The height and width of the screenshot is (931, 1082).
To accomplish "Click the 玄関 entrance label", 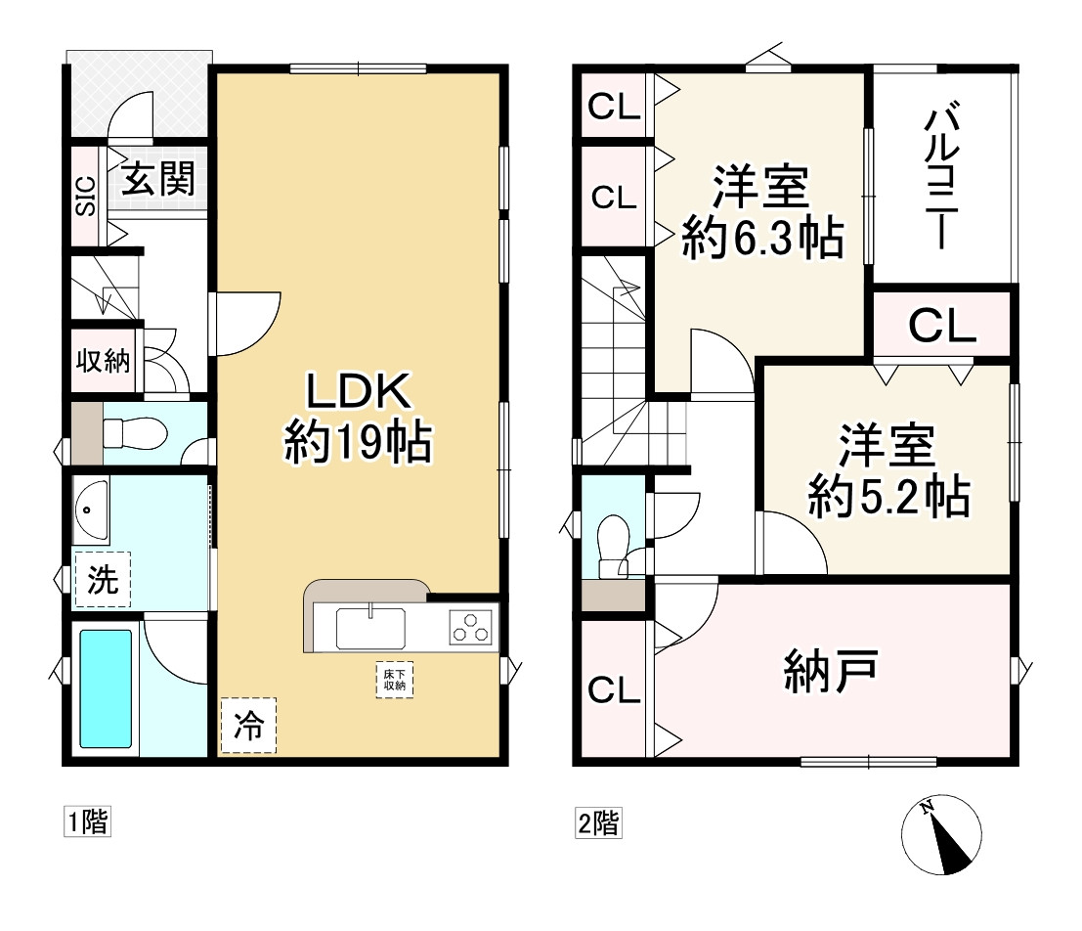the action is click(x=158, y=178).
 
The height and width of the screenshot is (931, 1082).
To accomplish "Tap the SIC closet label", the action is click(x=85, y=196).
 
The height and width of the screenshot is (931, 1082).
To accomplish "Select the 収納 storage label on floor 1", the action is click(x=103, y=360).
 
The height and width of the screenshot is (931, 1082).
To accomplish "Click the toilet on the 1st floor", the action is click(x=135, y=434).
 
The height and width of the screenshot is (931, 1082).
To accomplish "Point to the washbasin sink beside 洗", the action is click(x=91, y=510).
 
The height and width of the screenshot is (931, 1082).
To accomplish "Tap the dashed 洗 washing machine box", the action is click(x=102, y=580).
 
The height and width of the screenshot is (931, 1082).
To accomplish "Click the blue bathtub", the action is click(x=106, y=688).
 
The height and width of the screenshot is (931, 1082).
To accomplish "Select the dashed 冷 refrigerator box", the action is click(x=248, y=726).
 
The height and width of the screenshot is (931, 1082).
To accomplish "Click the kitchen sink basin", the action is click(x=370, y=629).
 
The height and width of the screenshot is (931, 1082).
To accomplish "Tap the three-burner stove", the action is click(x=471, y=627).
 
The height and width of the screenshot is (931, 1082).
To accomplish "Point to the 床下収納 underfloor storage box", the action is click(x=395, y=680).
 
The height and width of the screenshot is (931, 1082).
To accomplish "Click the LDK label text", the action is click(x=359, y=390).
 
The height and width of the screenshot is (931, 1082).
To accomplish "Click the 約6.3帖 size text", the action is click(x=762, y=237).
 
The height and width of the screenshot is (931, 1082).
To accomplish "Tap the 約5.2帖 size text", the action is click(x=888, y=495).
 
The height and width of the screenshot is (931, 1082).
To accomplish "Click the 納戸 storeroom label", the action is click(x=831, y=671).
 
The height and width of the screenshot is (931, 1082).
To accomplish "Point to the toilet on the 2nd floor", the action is click(x=613, y=546).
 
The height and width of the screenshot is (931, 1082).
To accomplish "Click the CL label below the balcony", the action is click(x=942, y=326).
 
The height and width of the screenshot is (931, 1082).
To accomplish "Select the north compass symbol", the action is click(x=941, y=835).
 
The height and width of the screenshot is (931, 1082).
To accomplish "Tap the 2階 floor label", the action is click(x=598, y=822).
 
